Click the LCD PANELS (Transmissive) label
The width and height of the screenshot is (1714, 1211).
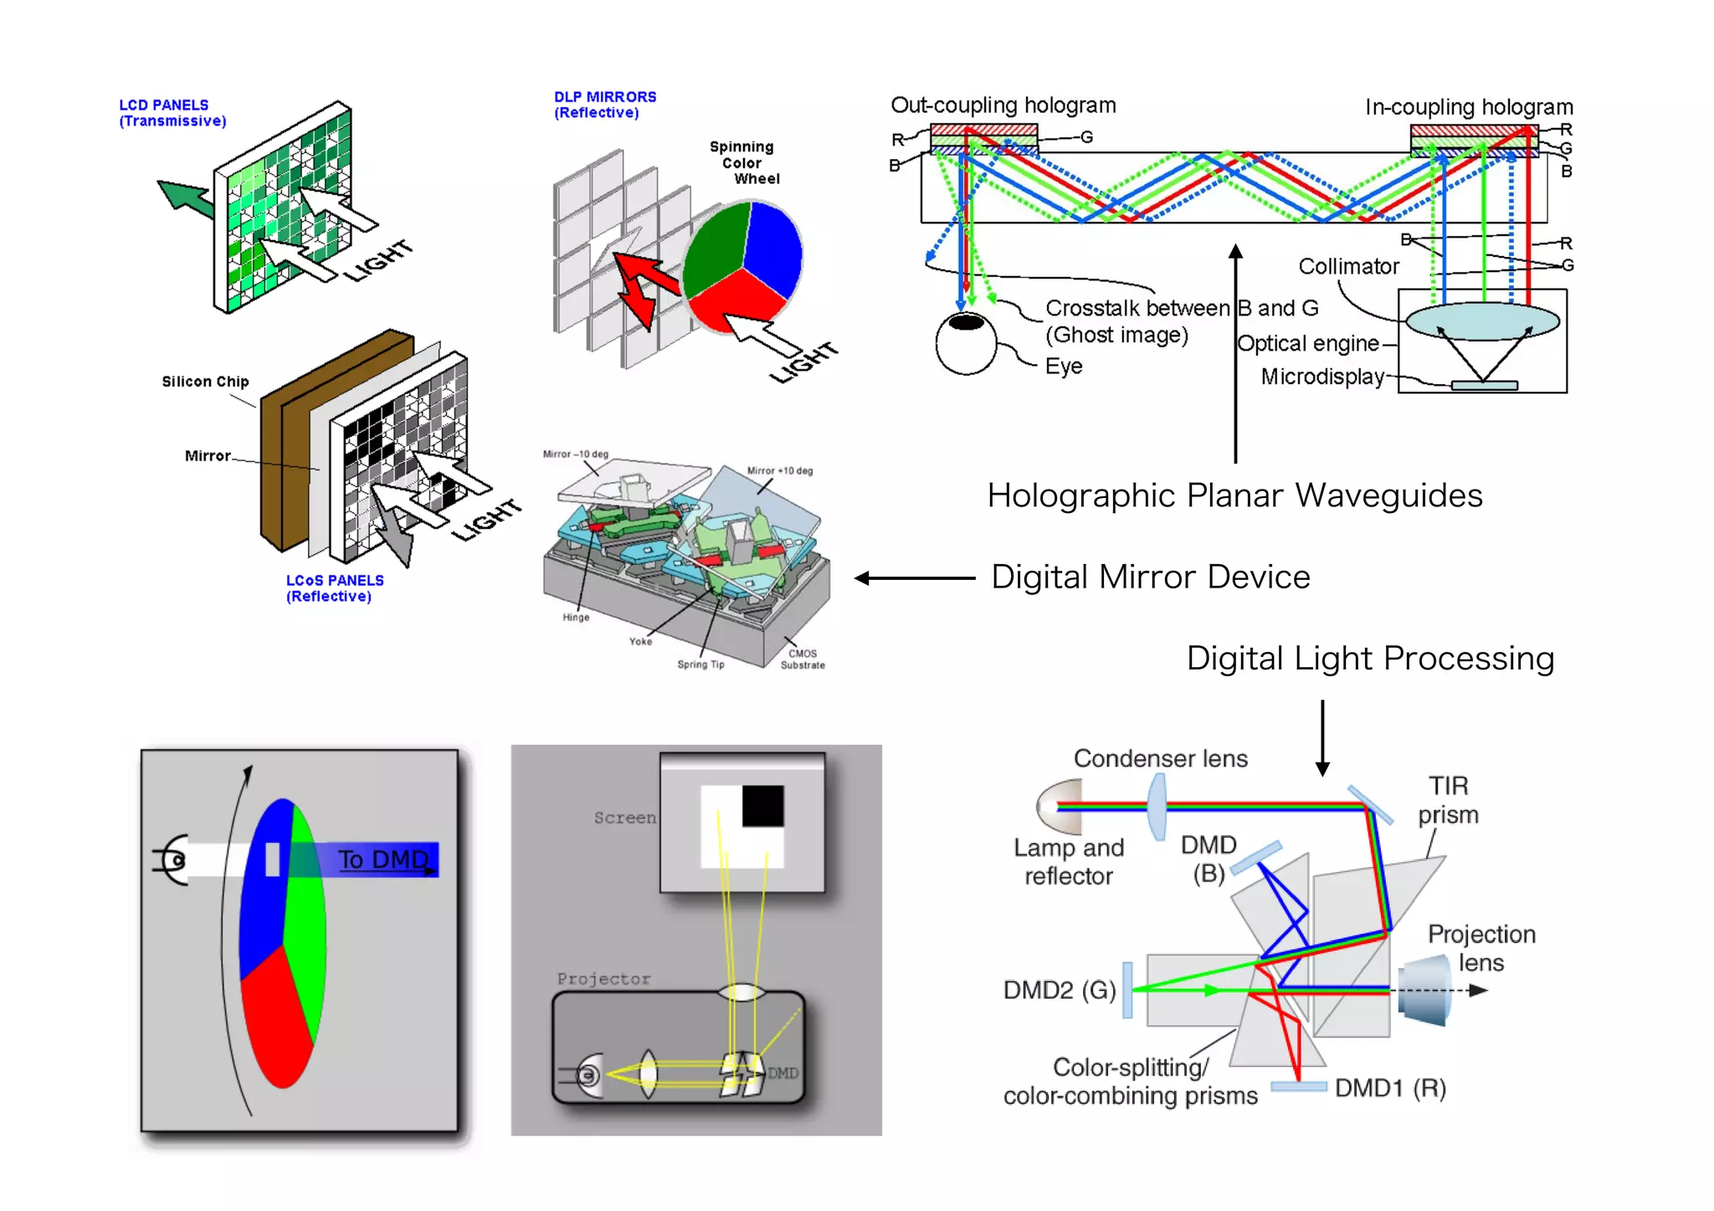[172, 113]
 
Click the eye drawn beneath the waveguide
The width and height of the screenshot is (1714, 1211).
[966, 341]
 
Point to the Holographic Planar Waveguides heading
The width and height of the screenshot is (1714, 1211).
[1234, 495]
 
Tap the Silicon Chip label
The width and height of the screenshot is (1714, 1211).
[205, 382]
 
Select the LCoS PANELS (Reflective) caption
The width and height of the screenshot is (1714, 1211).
[334, 588]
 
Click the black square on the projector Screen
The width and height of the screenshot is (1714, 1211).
[762, 805]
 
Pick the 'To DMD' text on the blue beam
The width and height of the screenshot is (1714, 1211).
[383, 860]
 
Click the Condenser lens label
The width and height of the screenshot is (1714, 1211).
[1160, 758]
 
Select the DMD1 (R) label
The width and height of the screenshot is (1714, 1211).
[1390, 1088]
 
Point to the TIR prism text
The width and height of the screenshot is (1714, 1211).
[1448, 800]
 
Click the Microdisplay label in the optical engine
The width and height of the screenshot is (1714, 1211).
[1321, 377]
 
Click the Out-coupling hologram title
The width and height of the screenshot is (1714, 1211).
[1003, 105]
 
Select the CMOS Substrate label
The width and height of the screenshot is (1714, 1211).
[803, 659]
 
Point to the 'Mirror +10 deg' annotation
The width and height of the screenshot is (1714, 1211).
[779, 471]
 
